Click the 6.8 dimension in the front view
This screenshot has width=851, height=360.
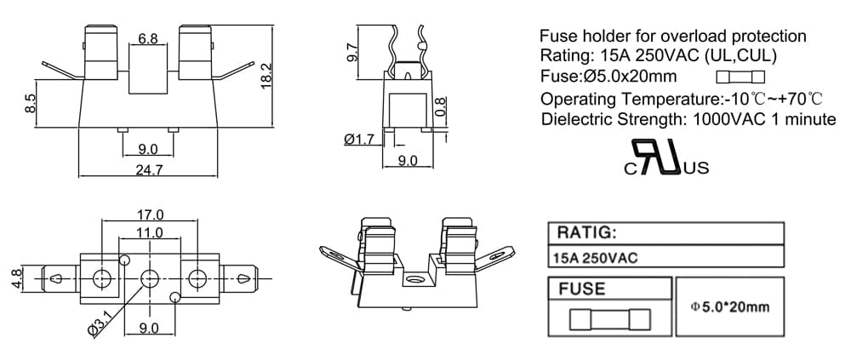tap(147, 38)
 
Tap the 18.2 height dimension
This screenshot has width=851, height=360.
tap(266, 76)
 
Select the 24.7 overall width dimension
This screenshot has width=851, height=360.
tap(149, 170)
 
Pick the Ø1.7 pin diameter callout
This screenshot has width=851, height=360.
tap(359, 140)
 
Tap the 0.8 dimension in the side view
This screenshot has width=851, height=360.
tap(441, 107)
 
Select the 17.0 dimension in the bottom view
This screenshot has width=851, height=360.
tap(150, 214)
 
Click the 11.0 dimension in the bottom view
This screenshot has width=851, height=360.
tap(150, 232)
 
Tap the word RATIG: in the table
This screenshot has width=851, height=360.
tap(587, 233)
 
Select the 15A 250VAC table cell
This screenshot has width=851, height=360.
tap(594, 257)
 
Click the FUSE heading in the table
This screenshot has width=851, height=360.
tap(581, 289)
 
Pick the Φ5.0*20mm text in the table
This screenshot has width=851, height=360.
tap(730, 306)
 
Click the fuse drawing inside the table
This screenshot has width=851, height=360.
tap(610, 320)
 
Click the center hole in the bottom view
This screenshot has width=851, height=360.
tap(149, 279)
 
